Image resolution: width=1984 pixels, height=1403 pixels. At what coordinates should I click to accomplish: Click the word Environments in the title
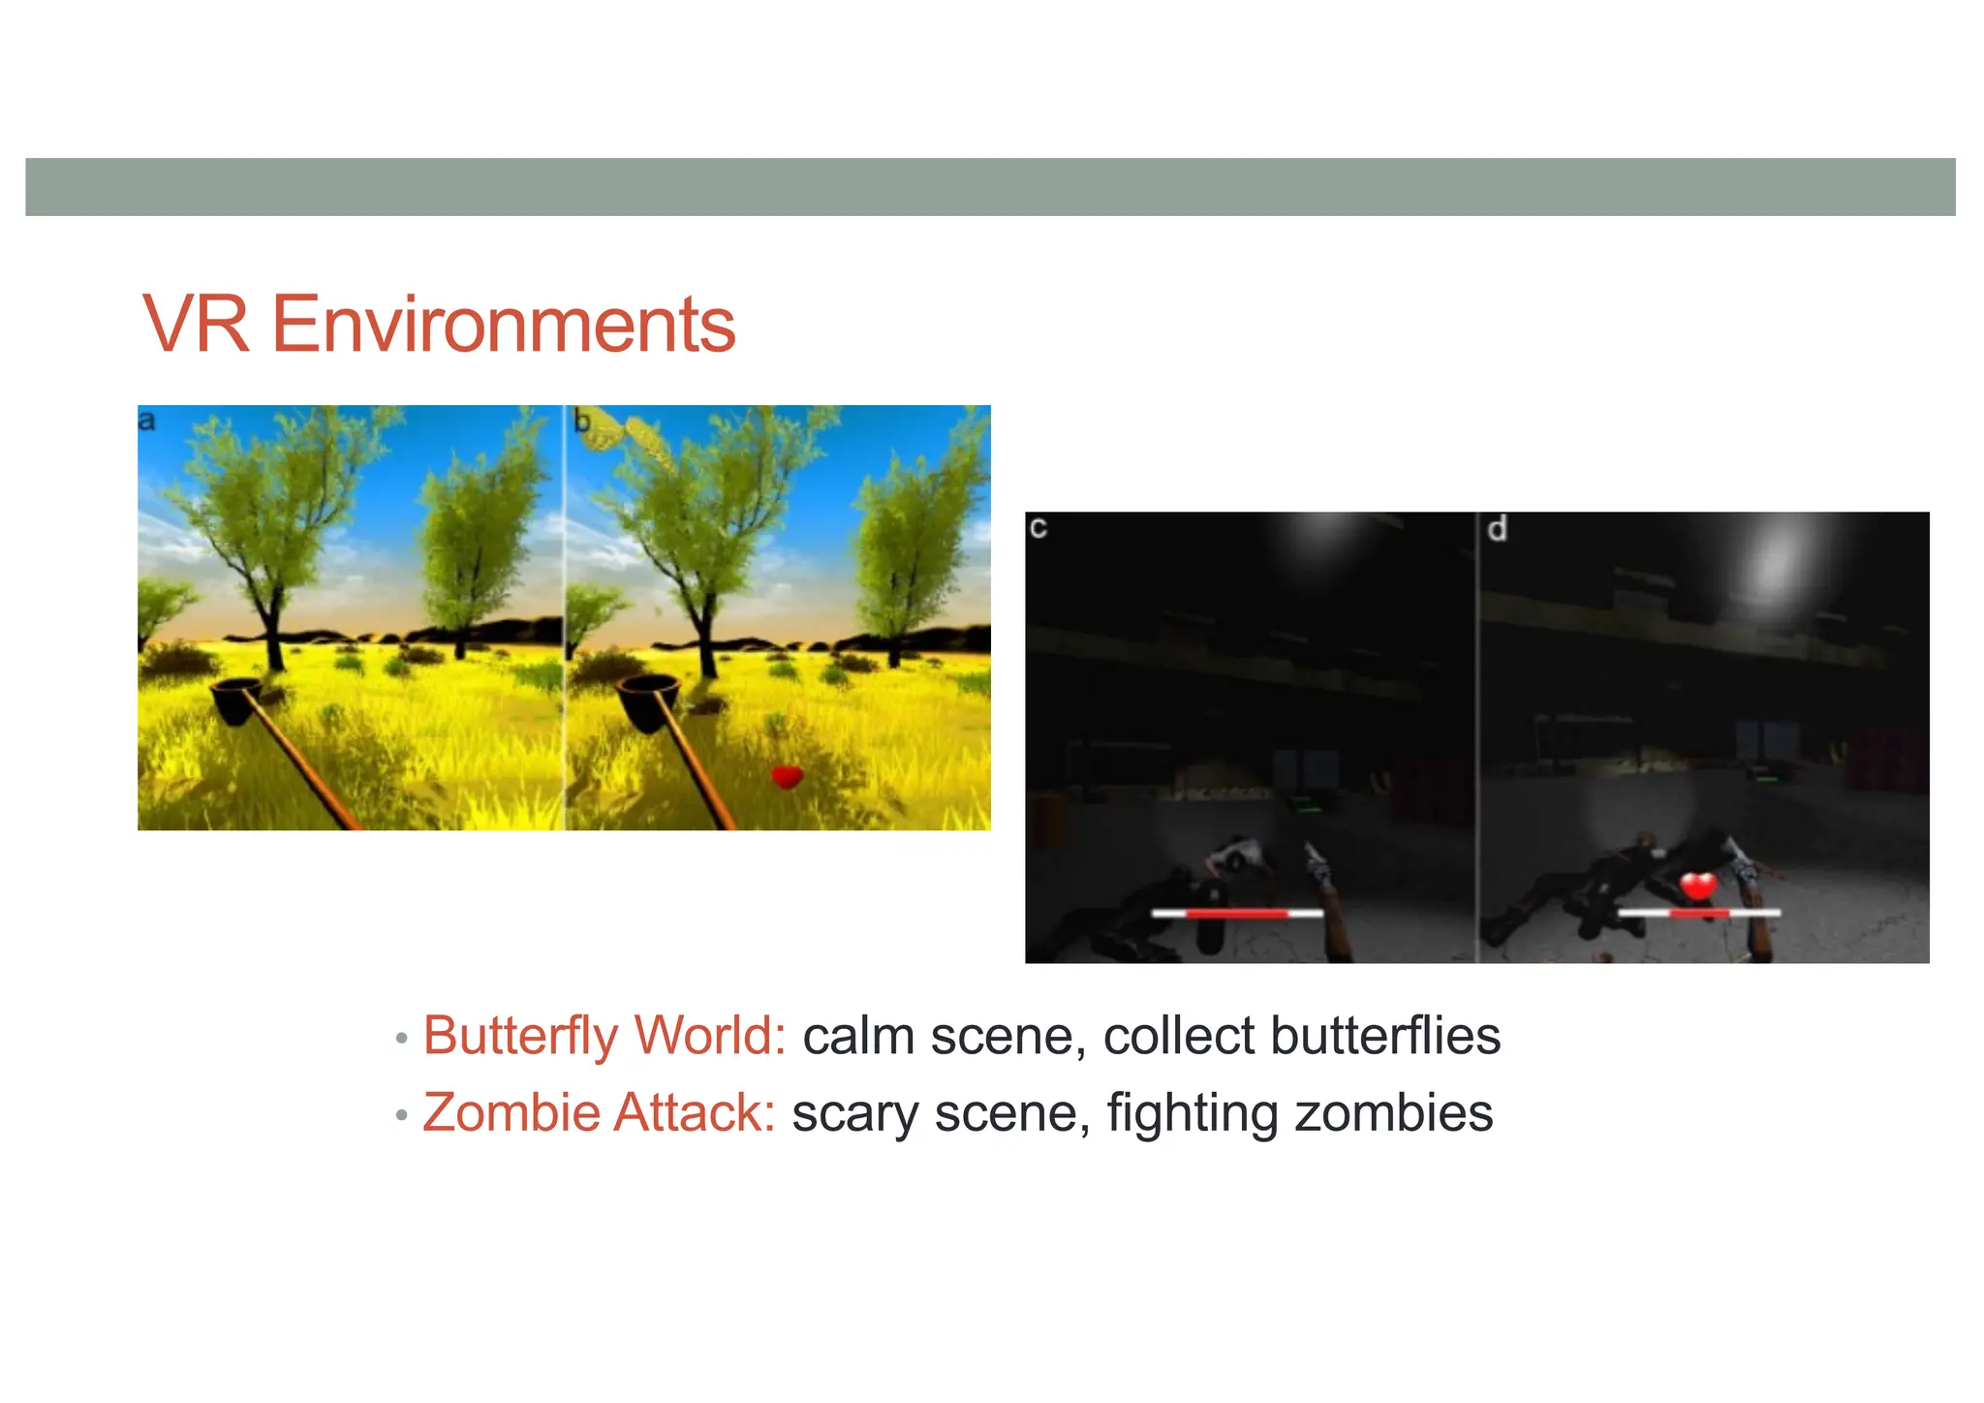(503, 325)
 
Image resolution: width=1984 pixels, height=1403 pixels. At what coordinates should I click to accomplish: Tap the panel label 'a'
(146, 421)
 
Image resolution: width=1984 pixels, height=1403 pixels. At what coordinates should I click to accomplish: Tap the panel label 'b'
(581, 422)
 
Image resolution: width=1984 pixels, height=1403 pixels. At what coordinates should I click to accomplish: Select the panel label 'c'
(1038, 528)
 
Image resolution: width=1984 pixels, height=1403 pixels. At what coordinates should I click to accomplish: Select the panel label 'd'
(1497, 529)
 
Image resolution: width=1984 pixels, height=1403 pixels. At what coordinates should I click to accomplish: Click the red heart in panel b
(787, 776)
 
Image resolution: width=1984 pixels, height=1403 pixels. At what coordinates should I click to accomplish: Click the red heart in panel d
(1697, 885)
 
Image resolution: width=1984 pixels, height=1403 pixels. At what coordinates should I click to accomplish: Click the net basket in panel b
(647, 700)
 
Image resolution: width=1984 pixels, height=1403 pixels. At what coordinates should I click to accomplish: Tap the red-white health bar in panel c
(1236, 913)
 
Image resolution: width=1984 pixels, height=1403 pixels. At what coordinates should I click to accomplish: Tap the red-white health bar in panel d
(1699, 913)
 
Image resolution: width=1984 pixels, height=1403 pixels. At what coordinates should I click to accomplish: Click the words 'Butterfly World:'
(604, 1036)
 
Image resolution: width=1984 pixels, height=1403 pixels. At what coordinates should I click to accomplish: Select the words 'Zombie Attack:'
(599, 1112)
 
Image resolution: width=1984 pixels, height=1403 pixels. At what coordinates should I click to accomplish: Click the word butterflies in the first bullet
(1385, 1036)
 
